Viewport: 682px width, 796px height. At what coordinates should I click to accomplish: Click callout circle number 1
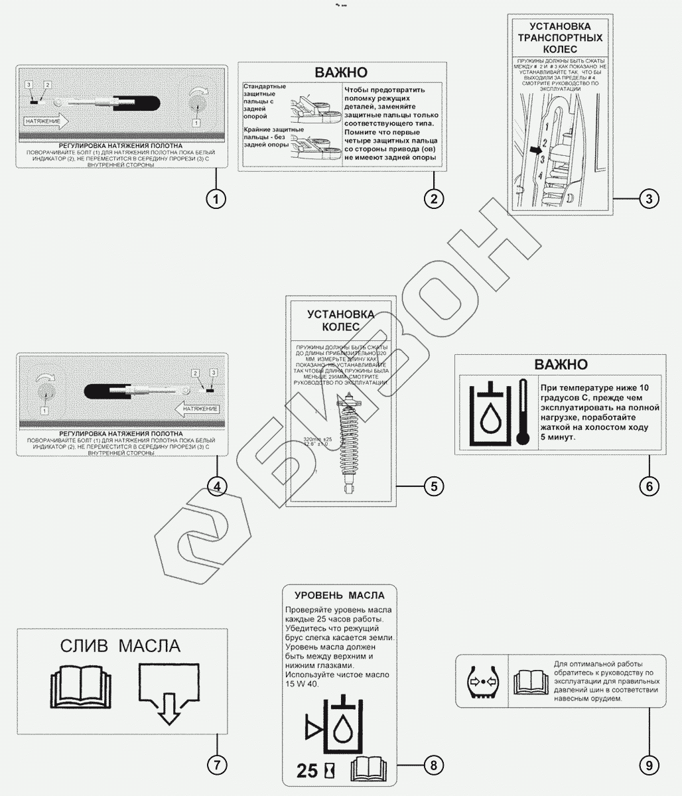(x=216, y=198)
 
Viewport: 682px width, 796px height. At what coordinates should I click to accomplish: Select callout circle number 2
(x=433, y=198)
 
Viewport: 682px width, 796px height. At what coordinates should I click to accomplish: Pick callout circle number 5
(x=433, y=486)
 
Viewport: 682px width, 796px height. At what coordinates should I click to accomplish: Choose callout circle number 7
(x=216, y=765)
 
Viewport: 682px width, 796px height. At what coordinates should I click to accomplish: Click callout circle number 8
(x=433, y=765)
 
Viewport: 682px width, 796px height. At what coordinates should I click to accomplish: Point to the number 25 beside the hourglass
(x=307, y=771)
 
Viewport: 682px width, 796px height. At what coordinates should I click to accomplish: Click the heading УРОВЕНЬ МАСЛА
(x=339, y=595)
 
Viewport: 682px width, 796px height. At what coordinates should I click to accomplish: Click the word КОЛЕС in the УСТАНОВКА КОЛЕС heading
(x=340, y=327)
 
